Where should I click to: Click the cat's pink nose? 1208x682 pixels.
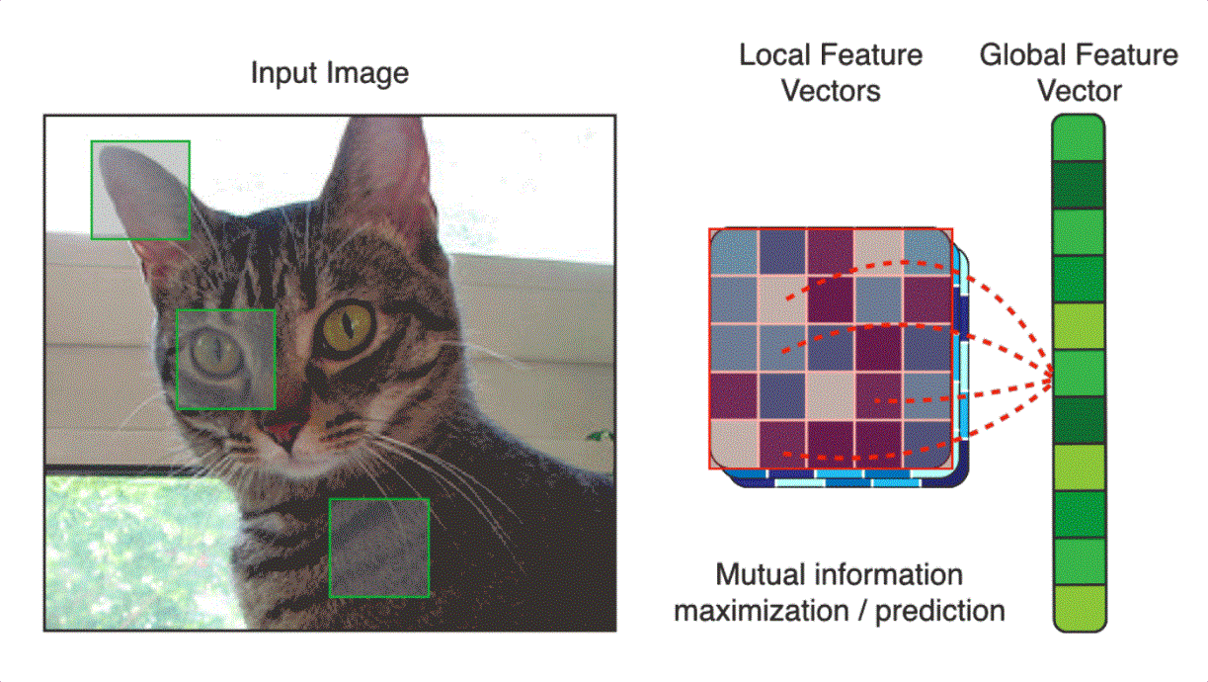tap(287, 432)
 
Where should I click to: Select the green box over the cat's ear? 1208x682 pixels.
tap(140, 190)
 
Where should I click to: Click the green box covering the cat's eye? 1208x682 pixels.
tap(225, 359)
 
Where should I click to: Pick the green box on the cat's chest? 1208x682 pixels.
tap(378, 548)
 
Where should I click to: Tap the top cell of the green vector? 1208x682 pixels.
tap(1078, 138)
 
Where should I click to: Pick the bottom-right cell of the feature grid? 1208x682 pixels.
tap(927, 444)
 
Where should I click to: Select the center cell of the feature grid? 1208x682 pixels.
tap(831, 348)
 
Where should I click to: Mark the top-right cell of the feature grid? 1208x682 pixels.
tap(927, 252)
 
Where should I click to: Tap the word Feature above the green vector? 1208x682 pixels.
tap(1128, 55)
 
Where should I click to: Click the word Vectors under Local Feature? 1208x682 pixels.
tap(831, 91)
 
